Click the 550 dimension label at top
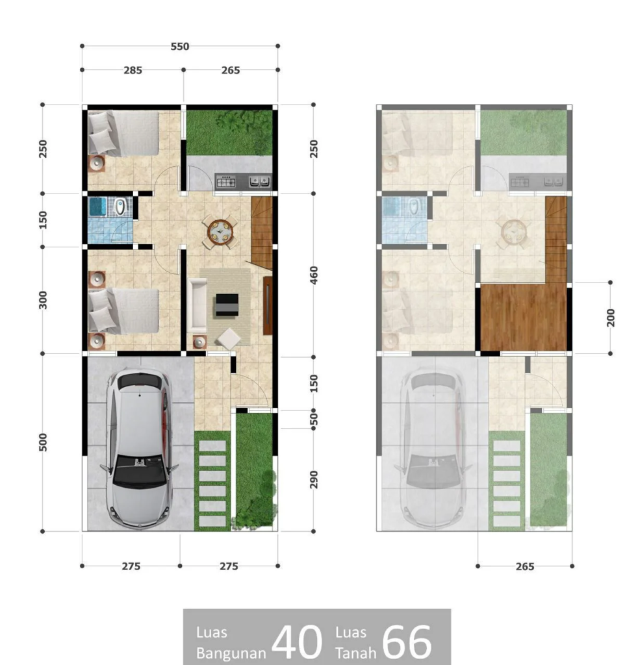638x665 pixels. tap(180, 46)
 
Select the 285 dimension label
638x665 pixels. tap(133, 70)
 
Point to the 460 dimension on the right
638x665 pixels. tap(314, 275)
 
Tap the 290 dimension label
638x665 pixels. tap(314, 480)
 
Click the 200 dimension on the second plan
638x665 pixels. tap(611, 318)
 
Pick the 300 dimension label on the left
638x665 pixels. tap(44, 300)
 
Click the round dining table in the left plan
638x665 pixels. tap(220, 232)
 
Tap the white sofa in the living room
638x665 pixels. tap(198, 305)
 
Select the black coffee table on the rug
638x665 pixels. tap(227, 305)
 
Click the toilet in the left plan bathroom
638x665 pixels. tap(120, 207)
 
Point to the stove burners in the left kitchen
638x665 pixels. tap(223, 182)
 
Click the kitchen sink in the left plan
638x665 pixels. tap(260, 181)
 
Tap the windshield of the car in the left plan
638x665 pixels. tap(140, 470)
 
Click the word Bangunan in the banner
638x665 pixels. tap(231, 653)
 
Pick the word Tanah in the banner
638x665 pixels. tap(356, 653)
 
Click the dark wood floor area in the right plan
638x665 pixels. tap(524, 317)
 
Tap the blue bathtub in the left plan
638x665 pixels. tap(98, 207)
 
